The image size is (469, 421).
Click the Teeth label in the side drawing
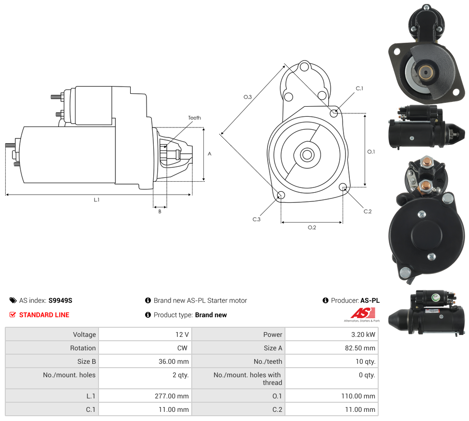point(194,118)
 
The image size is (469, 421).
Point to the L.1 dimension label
point(97,199)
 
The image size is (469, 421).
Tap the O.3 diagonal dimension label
point(247,97)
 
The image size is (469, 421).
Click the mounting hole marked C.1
point(334,113)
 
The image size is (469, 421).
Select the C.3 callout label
point(257,219)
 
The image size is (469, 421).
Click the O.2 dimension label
point(312,227)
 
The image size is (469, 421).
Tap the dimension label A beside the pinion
point(210,154)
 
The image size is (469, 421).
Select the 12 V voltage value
point(182,334)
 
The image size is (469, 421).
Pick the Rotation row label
point(83,348)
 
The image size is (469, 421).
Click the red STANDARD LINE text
point(44,315)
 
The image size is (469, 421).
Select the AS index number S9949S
point(60,300)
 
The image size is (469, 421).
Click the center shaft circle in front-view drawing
point(307,155)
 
